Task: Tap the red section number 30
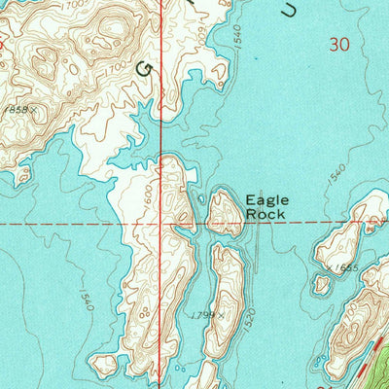point(338,44)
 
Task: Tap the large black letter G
point(149,69)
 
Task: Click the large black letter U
point(285,9)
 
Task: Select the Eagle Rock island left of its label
point(226,213)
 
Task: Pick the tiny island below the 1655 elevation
point(322,285)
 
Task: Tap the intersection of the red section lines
point(177,223)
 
